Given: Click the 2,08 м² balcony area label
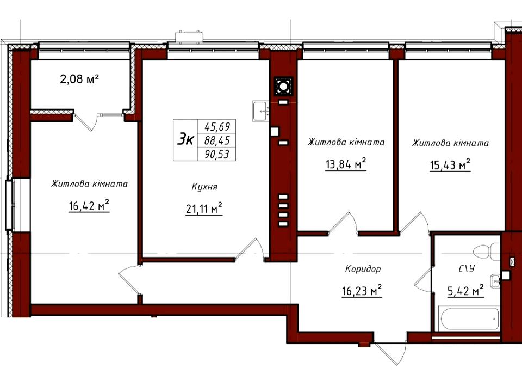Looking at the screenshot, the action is click(79, 79).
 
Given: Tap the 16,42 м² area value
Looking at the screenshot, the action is click(89, 206).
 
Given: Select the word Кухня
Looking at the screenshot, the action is click(204, 187).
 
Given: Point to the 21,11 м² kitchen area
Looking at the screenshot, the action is click(204, 209).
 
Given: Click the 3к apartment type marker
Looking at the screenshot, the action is click(185, 139).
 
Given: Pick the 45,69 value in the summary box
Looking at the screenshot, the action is click(217, 126).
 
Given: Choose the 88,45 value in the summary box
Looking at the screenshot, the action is click(217, 140).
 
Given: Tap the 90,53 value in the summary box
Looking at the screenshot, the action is click(217, 154).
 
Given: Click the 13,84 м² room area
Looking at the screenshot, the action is click(346, 164).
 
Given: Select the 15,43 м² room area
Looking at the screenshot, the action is click(450, 164).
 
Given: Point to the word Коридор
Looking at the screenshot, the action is click(363, 268).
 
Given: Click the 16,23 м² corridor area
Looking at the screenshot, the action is click(362, 291).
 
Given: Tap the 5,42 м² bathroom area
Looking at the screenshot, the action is click(465, 291).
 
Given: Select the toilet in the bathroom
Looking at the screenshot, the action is click(487, 252).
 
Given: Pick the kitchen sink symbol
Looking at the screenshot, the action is click(261, 111).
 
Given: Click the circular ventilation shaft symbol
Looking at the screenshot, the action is click(283, 87).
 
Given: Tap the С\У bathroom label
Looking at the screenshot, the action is click(467, 268).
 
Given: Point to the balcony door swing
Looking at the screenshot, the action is click(86, 122).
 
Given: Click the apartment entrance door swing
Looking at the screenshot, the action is click(390, 354).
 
